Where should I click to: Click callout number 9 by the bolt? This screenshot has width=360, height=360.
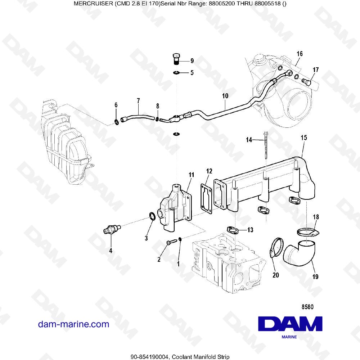tap(192, 60)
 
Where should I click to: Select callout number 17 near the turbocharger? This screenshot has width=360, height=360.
tap(315, 70)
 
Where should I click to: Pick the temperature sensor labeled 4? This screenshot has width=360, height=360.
tap(112, 229)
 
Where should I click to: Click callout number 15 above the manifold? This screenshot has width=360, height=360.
tap(303, 138)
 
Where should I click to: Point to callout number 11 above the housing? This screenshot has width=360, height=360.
tap(191, 175)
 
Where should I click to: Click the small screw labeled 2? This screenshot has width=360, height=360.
tap(170, 243)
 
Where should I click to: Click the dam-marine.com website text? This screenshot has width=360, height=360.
tap(73, 324)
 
